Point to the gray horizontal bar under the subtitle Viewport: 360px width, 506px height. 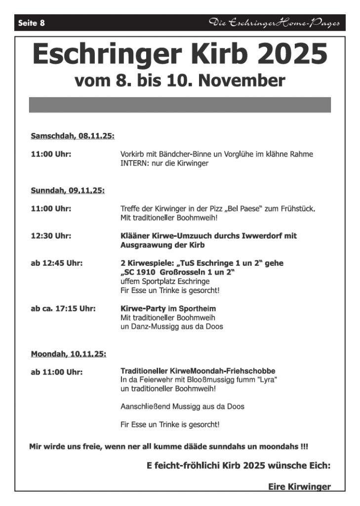click(x=180, y=105)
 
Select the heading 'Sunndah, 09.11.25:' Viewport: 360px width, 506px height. click(x=68, y=190)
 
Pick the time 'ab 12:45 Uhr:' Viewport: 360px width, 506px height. click(x=56, y=263)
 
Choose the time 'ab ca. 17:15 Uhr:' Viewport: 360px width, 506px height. click(x=63, y=309)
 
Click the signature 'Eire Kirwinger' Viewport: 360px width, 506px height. click(x=299, y=487)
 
